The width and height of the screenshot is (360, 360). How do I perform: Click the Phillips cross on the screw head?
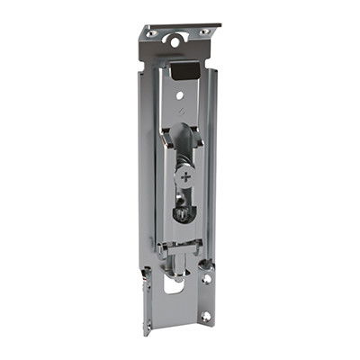pos(185,178)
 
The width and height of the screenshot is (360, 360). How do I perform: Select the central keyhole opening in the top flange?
pos(177,39)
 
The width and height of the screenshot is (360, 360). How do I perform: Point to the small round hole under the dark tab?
pos(183,92)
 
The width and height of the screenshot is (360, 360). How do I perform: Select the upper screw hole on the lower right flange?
pos(207,279)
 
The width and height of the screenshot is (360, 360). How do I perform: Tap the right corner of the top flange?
pos(220,26)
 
